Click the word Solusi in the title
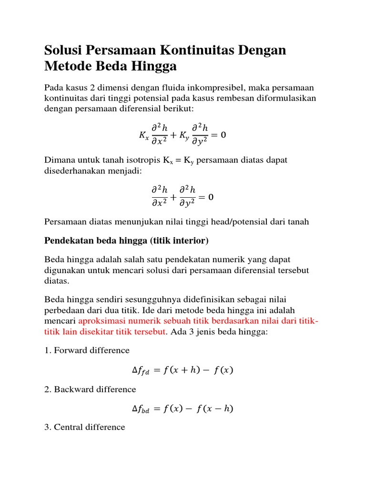click(63, 50)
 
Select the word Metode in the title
click(68, 66)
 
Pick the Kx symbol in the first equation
click(143, 136)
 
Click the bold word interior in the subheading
click(190, 241)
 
